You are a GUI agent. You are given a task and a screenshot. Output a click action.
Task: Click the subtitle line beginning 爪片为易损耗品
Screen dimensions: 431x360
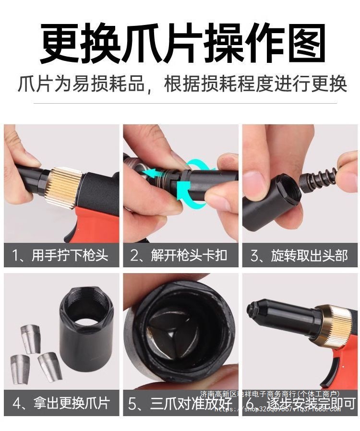[x=182, y=84]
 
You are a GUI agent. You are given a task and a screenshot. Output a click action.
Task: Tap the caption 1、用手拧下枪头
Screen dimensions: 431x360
[x=61, y=255]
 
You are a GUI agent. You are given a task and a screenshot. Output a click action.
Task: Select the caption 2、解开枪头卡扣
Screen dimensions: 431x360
[x=180, y=255]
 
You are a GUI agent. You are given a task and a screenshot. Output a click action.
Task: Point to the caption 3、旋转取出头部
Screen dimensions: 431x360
[x=300, y=255]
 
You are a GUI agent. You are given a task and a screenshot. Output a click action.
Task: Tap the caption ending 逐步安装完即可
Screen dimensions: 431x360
[x=307, y=402]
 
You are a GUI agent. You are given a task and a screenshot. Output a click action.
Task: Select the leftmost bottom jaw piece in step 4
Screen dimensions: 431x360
[x=20, y=369]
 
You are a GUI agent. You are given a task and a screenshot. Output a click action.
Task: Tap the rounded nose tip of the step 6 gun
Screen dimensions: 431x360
[x=253, y=312]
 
